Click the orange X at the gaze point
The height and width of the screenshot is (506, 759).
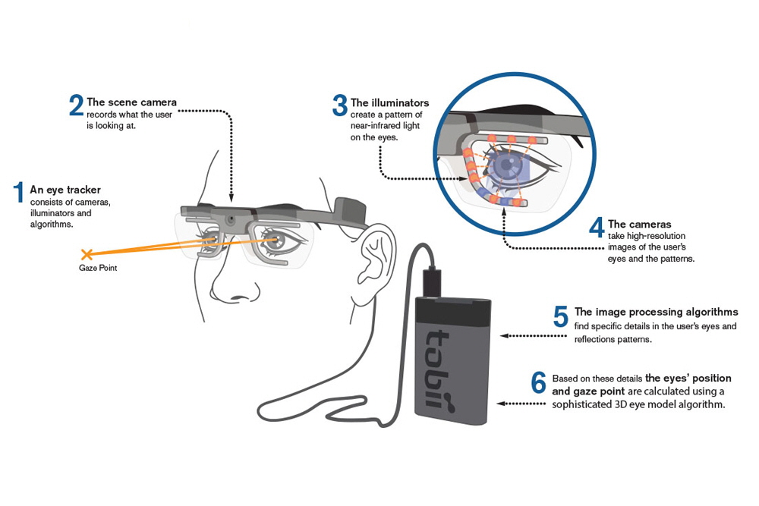pyautogui.click(x=87, y=254)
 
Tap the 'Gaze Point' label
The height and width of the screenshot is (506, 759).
pyautogui.click(x=98, y=268)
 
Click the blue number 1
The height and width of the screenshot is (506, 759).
pyautogui.click(x=18, y=193)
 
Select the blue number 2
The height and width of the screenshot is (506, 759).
pyautogui.click(x=76, y=105)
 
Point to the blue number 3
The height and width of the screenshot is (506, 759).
pyautogui.click(x=340, y=105)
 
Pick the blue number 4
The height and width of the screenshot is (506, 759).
pyautogui.click(x=597, y=228)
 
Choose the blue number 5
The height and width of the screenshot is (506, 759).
pyautogui.click(x=561, y=317)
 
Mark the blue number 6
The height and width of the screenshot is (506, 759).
pyautogui.click(x=538, y=383)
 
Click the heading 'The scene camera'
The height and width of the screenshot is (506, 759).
pyautogui.click(x=131, y=102)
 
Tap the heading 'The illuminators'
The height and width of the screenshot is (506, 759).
pyautogui.click(x=389, y=102)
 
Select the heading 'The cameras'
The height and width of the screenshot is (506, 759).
pyautogui.click(x=639, y=224)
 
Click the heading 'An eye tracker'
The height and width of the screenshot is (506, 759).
pyautogui.click(x=65, y=190)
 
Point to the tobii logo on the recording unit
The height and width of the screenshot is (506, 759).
pyautogui.click(x=438, y=369)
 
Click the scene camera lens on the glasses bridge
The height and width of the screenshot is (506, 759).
pyautogui.click(x=231, y=220)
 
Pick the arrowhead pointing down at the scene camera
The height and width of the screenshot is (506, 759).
pyautogui.click(x=231, y=198)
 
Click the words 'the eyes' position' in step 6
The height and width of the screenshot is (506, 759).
pyautogui.click(x=688, y=378)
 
